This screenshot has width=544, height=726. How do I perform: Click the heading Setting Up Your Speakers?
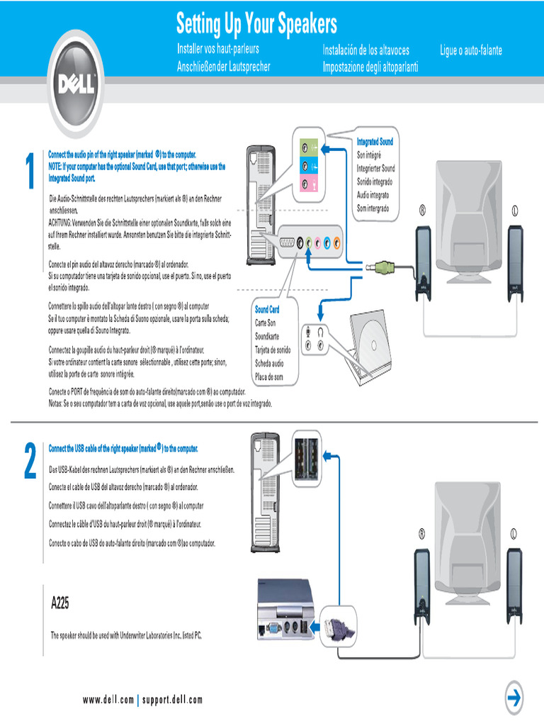[256, 25]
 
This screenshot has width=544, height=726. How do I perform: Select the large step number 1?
[29, 172]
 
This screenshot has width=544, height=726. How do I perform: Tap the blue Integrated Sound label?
[375, 142]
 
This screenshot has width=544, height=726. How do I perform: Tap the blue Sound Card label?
[267, 310]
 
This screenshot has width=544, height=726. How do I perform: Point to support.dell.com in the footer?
[172, 700]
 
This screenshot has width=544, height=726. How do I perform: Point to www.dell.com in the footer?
[108, 700]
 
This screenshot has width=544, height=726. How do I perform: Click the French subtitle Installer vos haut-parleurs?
[217, 50]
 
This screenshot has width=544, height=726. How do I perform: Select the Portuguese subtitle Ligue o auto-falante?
[471, 51]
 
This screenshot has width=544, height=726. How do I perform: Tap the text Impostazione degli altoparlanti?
[370, 67]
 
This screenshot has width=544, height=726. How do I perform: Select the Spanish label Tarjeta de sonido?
[273, 350]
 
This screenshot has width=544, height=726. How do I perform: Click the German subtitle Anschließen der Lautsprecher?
[223, 67]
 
